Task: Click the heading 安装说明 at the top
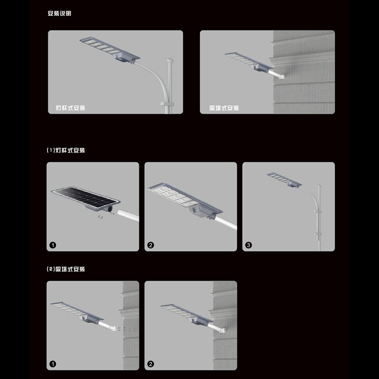point(60,13)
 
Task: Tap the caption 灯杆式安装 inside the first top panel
point(67,108)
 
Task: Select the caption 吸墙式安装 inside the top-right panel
point(224,108)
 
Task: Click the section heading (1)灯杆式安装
point(66,150)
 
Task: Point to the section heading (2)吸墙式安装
point(66,269)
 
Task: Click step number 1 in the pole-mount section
point(53,245)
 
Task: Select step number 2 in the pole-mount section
point(151,245)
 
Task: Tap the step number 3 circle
point(249,245)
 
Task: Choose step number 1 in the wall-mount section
point(53,364)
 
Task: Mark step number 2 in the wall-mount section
point(151,364)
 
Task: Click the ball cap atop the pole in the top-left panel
point(169,60)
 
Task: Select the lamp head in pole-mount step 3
point(284,180)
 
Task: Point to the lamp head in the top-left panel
point(109,48)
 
